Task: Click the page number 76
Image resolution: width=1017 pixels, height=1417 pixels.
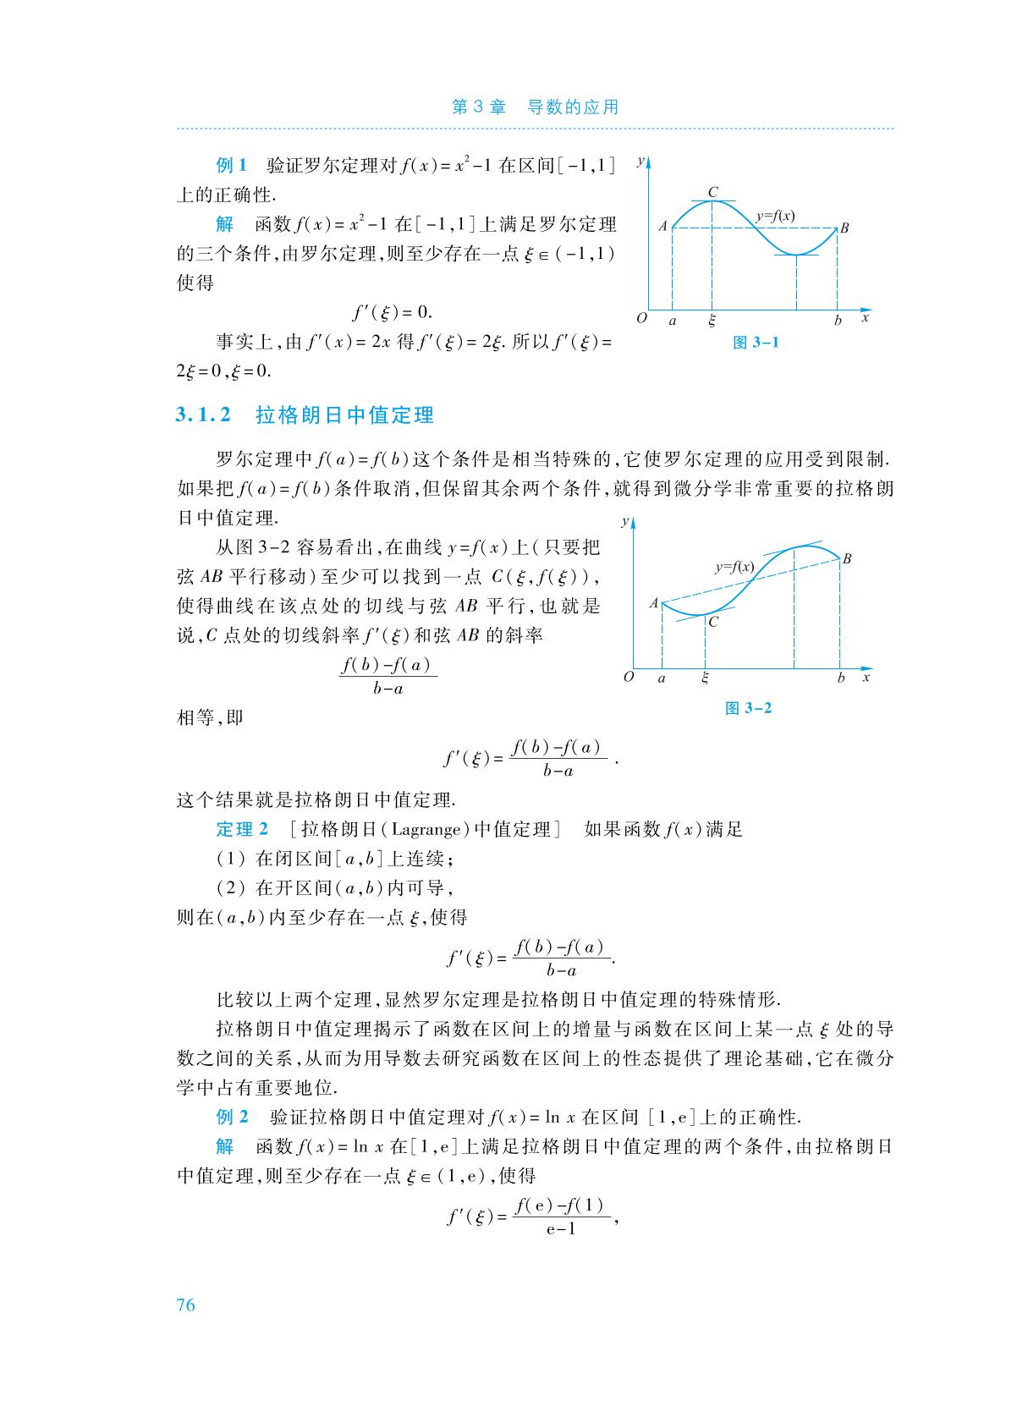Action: [x=185, y=1304]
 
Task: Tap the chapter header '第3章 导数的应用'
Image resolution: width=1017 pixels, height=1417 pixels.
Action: [x=535, y=107]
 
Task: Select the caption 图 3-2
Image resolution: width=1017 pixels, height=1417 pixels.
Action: [x=749, y=708]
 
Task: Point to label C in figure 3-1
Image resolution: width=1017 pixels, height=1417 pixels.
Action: [x=712, y=192]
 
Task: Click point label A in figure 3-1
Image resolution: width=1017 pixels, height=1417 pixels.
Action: [x=663, y=226]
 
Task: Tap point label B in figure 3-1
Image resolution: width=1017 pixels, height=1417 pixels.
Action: [x=844, y=228]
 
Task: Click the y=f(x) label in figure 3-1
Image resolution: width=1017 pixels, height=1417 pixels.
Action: [x=775, y=216]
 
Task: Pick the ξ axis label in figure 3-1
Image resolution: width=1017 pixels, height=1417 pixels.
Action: [x=712, y=321]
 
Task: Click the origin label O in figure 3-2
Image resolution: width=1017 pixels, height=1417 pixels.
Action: [x=628, y=677]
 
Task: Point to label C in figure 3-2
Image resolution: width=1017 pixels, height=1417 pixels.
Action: [x=713, y=622]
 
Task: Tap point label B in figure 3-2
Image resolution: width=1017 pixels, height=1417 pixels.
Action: [x=847, y=558]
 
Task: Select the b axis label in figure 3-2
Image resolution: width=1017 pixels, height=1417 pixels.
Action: [x=840, y=678]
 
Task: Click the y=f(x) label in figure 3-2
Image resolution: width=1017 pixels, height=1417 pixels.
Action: [x=734, y=568]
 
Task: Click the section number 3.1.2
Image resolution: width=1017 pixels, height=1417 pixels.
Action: [x=203, y=415]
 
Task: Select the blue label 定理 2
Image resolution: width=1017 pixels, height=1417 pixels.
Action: [x=242, y=829]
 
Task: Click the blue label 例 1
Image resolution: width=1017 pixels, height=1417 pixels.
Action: [x=231, y=164]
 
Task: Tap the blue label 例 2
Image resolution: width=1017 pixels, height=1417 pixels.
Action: [x=233, y=1117]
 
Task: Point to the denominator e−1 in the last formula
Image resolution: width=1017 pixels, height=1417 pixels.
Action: [x=560, y=1229]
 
